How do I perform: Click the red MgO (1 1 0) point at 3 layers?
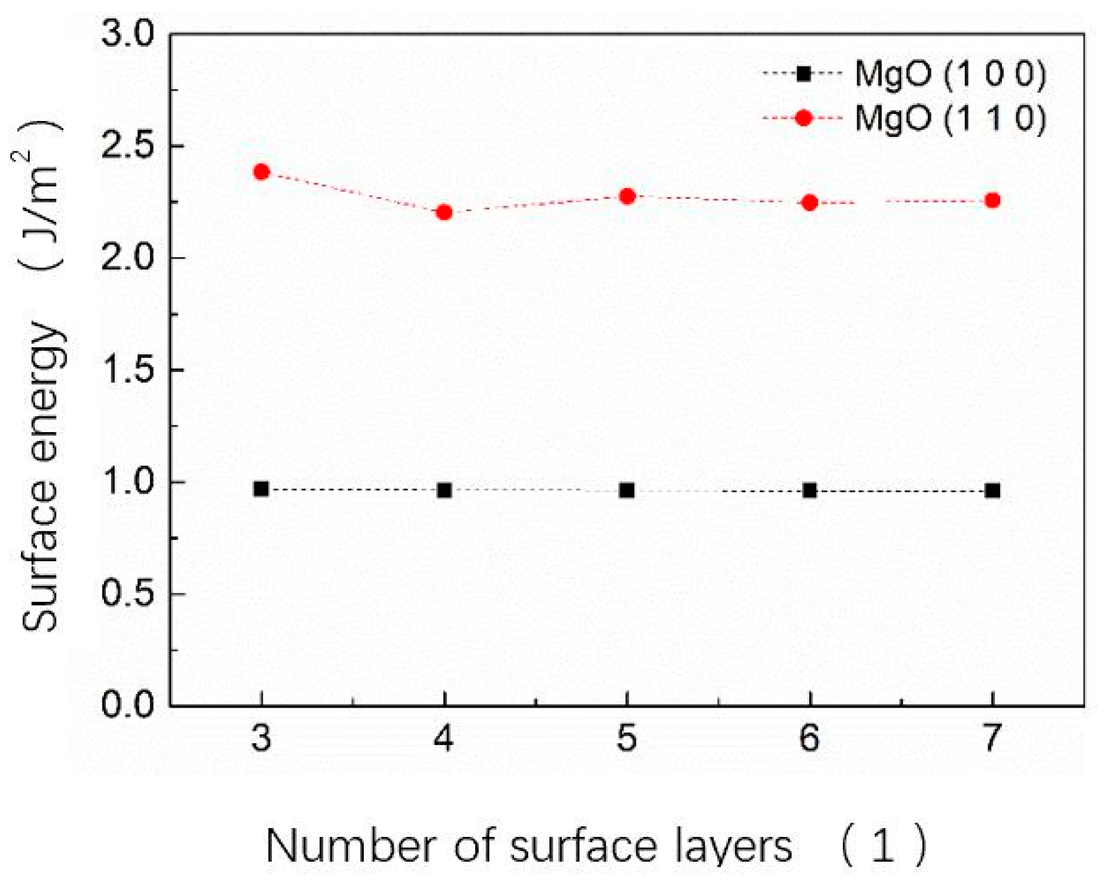(262, 172)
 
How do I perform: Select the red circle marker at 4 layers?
(444, 212)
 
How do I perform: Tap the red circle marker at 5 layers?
(627, 196)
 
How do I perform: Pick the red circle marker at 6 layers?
(810, 203)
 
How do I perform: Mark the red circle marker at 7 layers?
(992, 200)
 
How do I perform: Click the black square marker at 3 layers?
(261, 488)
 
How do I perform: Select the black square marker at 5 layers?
(627, 490)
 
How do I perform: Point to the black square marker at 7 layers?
(992, 490)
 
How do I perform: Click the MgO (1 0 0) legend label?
(950, 73)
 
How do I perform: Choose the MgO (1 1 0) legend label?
(950, 118)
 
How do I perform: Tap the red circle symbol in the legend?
(804, 118)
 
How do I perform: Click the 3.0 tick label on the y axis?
(129, 33)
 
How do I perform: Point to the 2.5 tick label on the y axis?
(129, 146)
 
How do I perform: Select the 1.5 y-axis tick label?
(129, 370)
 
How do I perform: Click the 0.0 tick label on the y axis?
(129, 705)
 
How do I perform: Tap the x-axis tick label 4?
(444, 739)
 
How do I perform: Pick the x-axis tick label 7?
(992, 739)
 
